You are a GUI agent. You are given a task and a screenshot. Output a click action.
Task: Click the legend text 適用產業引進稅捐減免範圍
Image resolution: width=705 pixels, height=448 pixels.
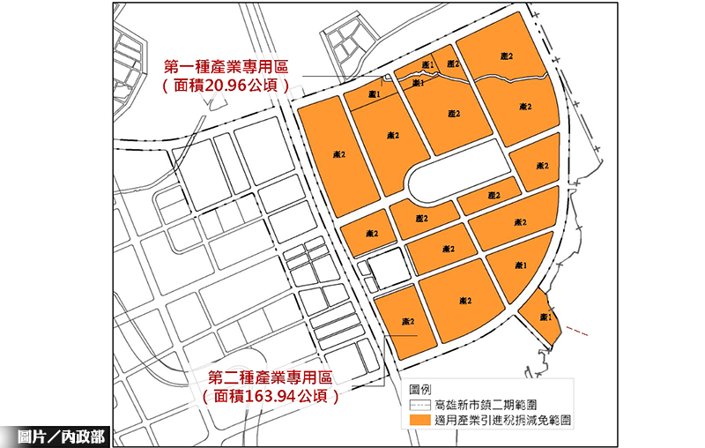point(504,422)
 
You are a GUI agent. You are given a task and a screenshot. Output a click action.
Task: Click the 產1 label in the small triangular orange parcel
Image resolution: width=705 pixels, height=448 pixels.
point(546,317)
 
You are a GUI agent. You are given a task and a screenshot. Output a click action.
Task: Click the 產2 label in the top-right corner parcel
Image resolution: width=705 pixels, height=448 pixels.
point(506,56)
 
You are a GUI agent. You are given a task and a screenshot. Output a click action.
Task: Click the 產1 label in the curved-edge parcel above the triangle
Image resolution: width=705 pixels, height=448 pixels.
point(520,265)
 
